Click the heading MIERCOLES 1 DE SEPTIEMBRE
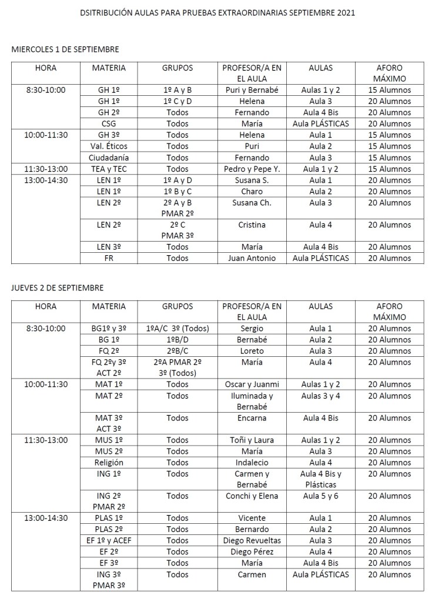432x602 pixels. (x=65, y=49)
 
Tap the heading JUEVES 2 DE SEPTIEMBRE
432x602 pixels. (x=58, y=287)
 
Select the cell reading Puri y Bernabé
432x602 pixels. (x=252, y=90)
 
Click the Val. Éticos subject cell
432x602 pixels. (x=109, y=146)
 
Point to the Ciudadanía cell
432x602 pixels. (x=109, y=157)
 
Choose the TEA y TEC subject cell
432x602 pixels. (x=109, y=169)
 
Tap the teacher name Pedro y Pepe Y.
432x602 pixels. (x=252, y=169)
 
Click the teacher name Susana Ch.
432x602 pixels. (x=252, y=202)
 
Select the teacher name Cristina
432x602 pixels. (x=252, y=225)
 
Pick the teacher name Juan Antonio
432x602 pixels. (x=252, y=257)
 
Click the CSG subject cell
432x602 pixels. (x=109, y=123)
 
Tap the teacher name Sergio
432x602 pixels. (x=252, y=329)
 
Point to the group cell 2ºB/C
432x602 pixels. (x=177, y=351)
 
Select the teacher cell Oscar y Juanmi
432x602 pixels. (x=252, y=384)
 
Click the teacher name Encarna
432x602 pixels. (x=252, y=418)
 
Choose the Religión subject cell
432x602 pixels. (x=109, y=463)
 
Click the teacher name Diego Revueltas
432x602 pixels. (x=252, y=540)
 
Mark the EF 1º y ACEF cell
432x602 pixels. (x=109, y=540)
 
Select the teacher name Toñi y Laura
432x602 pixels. (x=252, y=440)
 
